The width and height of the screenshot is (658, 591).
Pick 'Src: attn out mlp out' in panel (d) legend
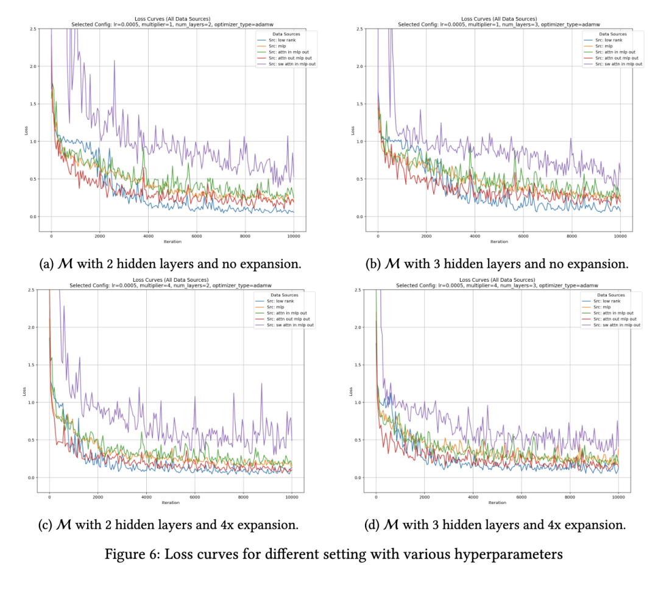click(617, 319)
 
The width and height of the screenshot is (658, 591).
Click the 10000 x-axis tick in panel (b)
click(620, 236)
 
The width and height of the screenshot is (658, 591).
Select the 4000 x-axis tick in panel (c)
click(146, 497)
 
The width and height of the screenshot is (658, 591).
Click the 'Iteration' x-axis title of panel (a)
click(172, 242)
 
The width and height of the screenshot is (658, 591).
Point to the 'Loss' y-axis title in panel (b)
click(352, 130)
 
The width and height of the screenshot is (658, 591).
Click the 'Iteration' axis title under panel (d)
click(497, 503)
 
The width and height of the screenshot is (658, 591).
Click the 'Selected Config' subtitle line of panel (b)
click(498, 25)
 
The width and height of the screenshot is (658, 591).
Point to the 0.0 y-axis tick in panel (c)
click(31, 478)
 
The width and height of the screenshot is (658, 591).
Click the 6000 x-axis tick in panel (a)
click(196, 236)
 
